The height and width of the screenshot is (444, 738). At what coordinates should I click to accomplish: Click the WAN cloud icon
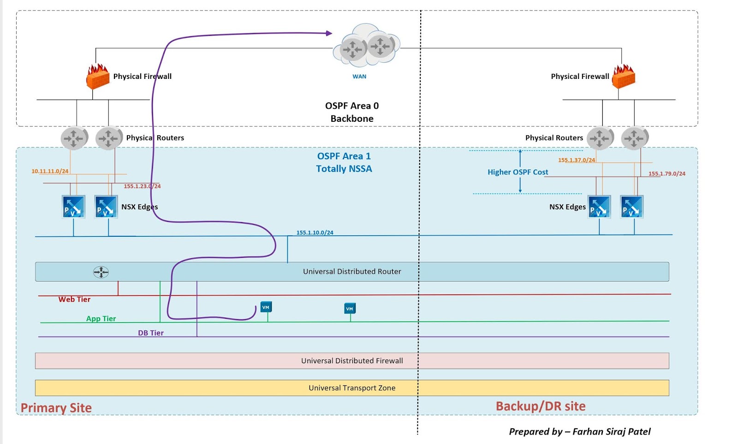coord(367,46)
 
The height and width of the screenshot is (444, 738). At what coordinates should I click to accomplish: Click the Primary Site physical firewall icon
coord(98,77)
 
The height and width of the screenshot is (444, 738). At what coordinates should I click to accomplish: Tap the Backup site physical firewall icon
coord(624,77)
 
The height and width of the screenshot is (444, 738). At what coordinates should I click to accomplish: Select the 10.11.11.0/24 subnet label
coord(50,171)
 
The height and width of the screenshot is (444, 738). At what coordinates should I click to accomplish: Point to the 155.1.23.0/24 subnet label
coord(142,186)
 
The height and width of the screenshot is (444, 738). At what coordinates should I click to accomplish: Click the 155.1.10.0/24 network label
coord(315,233)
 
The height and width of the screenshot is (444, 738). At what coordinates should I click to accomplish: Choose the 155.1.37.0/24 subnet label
coord(577,160)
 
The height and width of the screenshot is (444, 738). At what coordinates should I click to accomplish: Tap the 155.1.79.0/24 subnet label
coord(667,174)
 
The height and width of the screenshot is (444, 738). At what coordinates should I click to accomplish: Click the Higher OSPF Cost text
coord(518,172)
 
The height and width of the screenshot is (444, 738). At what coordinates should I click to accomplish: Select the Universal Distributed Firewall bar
coord(352,361)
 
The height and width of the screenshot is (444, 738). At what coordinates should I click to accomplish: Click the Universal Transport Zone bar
coord(352,388)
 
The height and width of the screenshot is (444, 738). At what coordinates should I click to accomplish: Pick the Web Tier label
coord(74,300)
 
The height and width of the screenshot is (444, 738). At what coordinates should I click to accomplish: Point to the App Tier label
coord(101,319)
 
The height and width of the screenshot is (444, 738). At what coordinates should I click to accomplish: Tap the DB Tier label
coord(151,333)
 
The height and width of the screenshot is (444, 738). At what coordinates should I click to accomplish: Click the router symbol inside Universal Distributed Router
coord(101,272)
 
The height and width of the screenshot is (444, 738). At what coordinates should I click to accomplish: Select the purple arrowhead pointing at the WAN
coord(329,33)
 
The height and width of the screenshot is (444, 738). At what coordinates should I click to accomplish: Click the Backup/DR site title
coord(541,407)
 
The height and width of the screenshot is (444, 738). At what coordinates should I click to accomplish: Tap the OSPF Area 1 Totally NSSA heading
coord(344,162)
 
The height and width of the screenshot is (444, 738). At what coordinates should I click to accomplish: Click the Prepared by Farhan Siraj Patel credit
coord(580,432)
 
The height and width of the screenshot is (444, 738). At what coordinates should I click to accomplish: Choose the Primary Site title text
coord(56,408)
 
